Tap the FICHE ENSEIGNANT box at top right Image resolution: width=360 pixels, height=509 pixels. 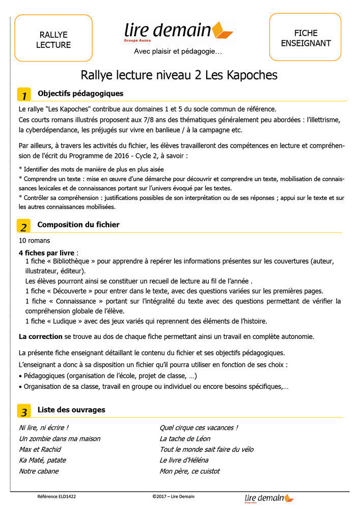tap(305, 38)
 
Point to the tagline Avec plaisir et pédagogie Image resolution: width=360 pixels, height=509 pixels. tap(178, 51)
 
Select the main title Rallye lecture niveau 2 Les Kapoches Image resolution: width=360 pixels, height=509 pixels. tap(179, 75)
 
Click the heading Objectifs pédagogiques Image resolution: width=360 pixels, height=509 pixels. tap(80, 94)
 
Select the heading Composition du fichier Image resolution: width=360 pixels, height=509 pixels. tap(78, 224)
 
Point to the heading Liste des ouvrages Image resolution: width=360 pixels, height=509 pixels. tap(71, 410)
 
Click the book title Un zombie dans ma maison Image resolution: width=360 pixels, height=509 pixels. tap(60, 439)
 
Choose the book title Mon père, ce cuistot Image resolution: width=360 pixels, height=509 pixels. tap(189, 471)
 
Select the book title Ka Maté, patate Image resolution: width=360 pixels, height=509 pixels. tap(42, 460)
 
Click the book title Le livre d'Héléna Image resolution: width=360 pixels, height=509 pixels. tap(184, 460)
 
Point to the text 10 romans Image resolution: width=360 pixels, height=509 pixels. tap(34, 240)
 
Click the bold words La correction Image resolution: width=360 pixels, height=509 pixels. tap(41, 336)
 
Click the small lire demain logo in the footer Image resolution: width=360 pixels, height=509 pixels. tap(269, 498)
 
